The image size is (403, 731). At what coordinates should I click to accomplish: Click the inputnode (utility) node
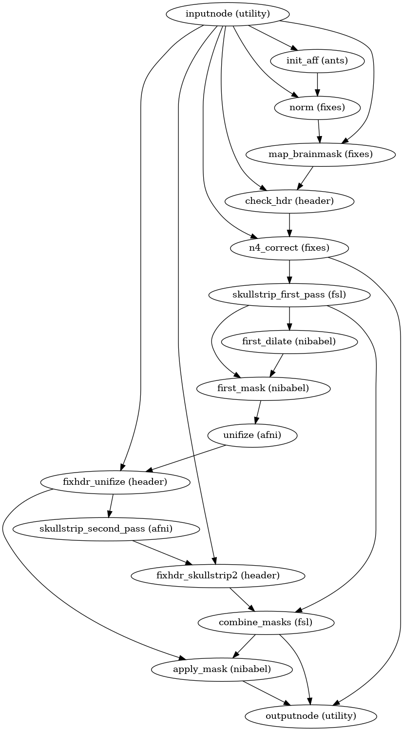[228, 14]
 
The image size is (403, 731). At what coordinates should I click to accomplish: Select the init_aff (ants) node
[317, 60]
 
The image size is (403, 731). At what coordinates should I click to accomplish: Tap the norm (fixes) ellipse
[317, 107]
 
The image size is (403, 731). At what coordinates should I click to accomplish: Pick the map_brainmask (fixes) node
[321, 154]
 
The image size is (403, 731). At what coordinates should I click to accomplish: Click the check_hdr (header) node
[289, 201]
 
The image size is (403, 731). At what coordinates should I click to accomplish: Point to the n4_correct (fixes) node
[289, 248]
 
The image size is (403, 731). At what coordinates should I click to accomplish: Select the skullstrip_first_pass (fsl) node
[289, 295]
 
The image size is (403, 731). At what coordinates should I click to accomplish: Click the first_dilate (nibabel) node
[289, 341]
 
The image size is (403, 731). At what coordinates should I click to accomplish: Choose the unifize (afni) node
[252, 435]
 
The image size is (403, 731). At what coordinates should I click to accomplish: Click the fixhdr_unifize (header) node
[115, 482]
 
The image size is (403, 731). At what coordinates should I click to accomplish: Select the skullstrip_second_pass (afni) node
[106, 529]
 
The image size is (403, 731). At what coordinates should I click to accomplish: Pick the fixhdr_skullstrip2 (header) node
[218, 575]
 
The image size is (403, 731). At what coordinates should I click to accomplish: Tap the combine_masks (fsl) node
[266, 622]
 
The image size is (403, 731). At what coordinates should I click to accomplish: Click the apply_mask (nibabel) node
[222, 669]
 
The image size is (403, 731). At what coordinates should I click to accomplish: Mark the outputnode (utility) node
[311, 716]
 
